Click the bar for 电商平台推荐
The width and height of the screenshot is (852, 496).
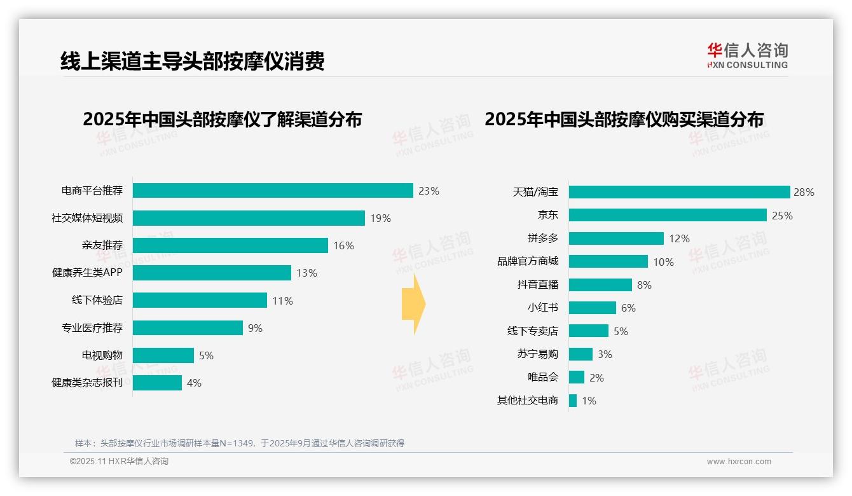pos(273,191)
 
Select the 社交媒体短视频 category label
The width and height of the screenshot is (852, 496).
pos(87,218)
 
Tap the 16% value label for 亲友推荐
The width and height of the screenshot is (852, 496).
pos(343,245)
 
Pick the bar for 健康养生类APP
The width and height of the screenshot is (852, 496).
pos(212,273)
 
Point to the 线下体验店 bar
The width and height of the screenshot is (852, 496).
pos(200,300)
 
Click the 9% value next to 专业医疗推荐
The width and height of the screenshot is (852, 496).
pos(255,328)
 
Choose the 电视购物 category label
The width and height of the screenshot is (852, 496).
pos(102,355)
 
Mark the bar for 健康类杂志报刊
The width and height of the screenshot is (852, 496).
pos(157,383)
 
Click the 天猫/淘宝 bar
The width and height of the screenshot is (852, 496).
pos(679,192)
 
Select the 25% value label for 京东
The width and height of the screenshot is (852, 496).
pos(782,216)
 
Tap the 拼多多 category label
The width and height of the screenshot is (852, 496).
pos(542,238)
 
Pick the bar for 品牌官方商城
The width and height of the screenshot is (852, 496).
pos(608,261)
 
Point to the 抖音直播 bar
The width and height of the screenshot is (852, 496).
pos(600,285)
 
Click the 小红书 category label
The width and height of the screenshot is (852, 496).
pos(542,308)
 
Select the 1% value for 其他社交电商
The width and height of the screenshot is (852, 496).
pos(589,401)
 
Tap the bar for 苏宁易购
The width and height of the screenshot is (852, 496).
pos(581,354)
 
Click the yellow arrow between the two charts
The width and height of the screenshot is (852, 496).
pos(414,304)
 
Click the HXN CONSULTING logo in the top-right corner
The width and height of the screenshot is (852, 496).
pos(747,56)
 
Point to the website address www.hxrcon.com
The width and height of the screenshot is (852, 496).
pos(738,462)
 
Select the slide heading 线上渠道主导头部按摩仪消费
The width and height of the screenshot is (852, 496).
pos(193,61)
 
